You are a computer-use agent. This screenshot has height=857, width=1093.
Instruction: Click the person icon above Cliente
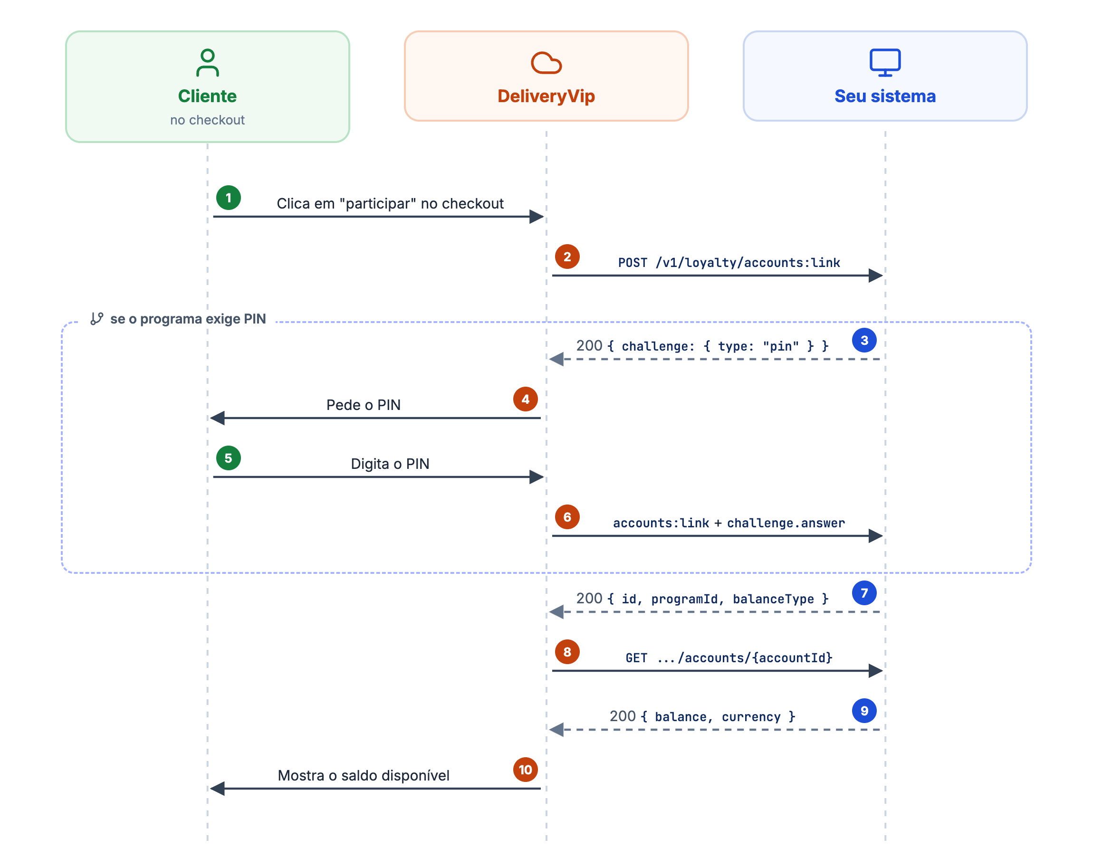coord(207,63)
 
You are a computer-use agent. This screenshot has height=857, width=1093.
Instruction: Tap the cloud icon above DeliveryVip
coord(546,63)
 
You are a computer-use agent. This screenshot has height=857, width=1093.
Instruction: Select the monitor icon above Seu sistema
coord(885,63)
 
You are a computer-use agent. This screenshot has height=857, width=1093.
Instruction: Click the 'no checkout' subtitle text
coord(207,120)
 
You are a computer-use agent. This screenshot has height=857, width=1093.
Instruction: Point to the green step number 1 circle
coord(228,198)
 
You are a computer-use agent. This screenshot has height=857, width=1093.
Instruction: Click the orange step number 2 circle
coord(567,257)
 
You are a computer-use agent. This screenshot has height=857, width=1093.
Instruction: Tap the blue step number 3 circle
coord(864,340)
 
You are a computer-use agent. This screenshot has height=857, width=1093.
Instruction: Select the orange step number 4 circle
coord(526,399)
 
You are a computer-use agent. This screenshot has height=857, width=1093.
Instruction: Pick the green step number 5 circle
coord(228,458)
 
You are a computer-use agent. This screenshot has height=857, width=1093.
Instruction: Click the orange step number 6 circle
coord(567,517)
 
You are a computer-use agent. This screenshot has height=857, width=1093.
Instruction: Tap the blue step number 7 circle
coord(864,593)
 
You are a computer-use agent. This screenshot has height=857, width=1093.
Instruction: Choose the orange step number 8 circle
coord(567,652)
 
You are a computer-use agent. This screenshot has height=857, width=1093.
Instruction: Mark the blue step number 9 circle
coord(864,711)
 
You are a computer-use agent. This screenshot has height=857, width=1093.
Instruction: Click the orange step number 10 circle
coord(526,770)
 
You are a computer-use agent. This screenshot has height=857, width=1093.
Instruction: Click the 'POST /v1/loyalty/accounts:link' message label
coord(729,262)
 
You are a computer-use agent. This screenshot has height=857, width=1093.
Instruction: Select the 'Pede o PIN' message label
coord(364,405)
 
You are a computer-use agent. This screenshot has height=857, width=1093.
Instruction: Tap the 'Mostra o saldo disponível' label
coord(364,775)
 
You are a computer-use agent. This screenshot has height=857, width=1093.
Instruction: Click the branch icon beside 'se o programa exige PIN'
coord(97,319)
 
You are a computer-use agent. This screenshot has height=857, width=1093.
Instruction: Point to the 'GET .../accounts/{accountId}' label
coord(729,658)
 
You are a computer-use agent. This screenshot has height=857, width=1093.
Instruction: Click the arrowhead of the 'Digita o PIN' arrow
coord(537,477)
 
